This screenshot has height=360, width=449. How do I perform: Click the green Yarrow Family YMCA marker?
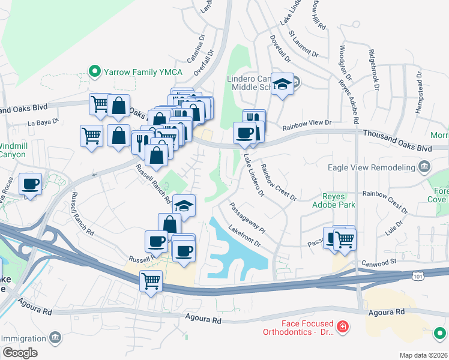click(94, 72)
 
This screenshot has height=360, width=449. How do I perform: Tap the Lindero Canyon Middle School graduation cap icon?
click(281, 85)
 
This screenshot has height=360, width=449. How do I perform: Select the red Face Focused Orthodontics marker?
click(342, 327)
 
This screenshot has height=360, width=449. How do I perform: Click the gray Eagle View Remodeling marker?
click(424, 166)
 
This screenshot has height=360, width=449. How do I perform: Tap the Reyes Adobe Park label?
click(330, 200)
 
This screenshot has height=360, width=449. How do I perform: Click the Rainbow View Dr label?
click(307, 122)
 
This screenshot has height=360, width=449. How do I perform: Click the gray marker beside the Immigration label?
click(55, 338)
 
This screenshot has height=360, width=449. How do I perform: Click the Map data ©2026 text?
click(423, 355)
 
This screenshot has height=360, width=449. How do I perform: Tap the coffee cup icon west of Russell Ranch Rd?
click(29, 184)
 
